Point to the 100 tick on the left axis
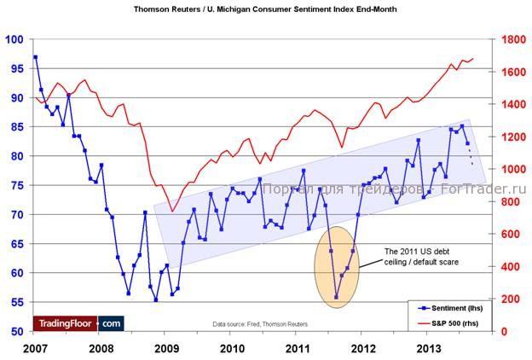(x=14, y=39)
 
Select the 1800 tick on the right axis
(x=511, y=39)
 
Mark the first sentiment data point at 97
(x=35, y=57)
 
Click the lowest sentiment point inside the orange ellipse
(x=336, y=297)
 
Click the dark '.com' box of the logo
(x=111, y=322)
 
